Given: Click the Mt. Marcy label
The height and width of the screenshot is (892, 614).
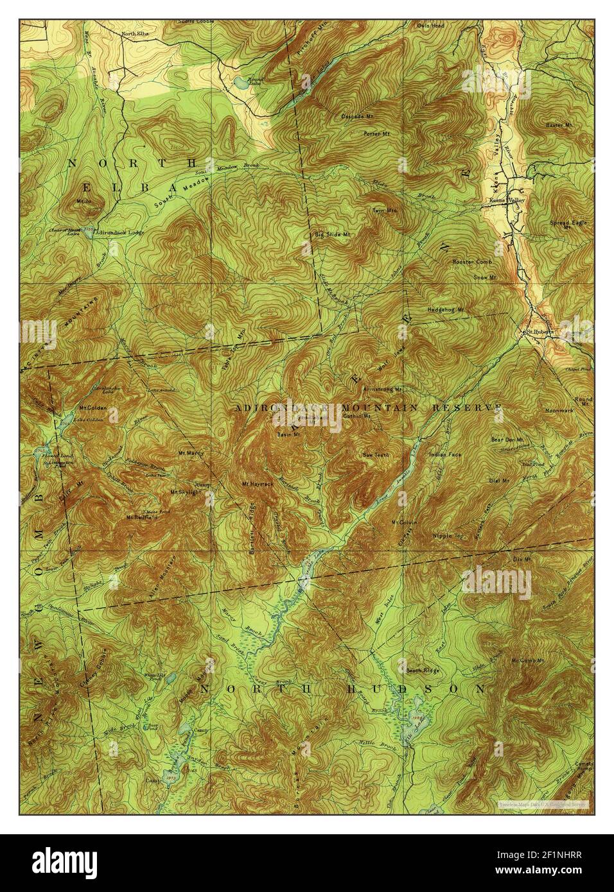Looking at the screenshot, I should click(x=191, y=453).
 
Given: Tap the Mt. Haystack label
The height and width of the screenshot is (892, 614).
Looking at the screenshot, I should click(x=255, y=483).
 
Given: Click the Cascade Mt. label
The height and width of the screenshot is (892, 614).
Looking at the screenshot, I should click(x=358, y=116).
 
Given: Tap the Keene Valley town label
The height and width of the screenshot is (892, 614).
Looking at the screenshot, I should click(x=507, y=200).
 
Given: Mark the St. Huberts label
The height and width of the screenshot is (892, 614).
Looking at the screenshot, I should click(x=535, y=332).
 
